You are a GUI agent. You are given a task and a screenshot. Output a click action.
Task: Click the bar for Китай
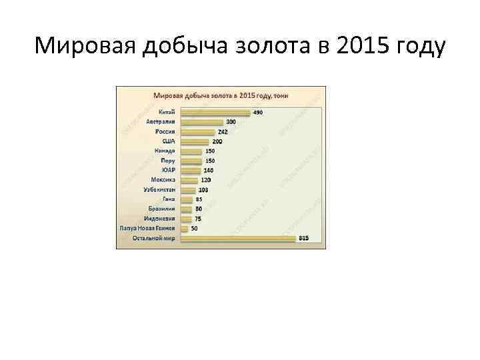click(213, 113)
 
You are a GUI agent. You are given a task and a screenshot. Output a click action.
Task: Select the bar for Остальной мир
click(237, 238)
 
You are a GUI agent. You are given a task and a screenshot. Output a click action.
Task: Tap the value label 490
click(257, 113)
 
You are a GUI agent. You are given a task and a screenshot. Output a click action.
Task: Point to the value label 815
click(303, 238)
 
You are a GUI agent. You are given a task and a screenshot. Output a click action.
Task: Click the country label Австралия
click(160, 122)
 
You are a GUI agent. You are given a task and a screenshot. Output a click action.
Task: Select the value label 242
click(222, 132)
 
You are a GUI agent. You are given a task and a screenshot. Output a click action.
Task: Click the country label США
click(168, 141)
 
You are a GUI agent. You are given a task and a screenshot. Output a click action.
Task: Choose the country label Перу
click(168, 161)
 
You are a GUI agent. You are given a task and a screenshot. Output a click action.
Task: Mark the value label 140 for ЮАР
click(208, 170)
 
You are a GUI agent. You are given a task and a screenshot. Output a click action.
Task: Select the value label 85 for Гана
click(199, 199)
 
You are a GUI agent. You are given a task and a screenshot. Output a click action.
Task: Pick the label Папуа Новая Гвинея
click(147, 228)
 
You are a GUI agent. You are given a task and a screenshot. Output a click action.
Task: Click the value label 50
click(194, 228)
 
